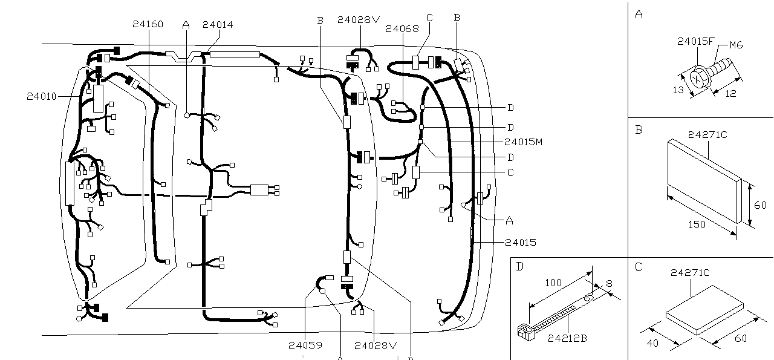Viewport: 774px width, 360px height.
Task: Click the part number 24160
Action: click(x=148, y=24)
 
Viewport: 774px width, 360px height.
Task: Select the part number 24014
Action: click(x=218, y=25)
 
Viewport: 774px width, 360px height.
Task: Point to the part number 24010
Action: click(x=41, y=96)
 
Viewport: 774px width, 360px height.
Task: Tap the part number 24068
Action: click(x=402, y=28)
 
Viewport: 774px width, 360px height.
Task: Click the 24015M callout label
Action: click(x=523, y=142)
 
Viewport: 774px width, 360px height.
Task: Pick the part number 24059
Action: click(x=305, y=345)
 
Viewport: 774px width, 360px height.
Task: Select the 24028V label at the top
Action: click(x=359, y=19)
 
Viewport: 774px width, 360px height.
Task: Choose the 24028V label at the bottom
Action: click(x=375, y=345)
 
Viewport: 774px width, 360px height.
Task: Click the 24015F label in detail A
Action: click(x=696, y=41)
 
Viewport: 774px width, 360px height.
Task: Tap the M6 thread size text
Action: click(x=735, y=45)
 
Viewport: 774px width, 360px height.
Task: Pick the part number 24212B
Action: click(x=567, y=338)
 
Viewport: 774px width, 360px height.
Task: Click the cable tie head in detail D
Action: click(x=524, y=330)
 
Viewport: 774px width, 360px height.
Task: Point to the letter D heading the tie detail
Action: click(x=519, y=266)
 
